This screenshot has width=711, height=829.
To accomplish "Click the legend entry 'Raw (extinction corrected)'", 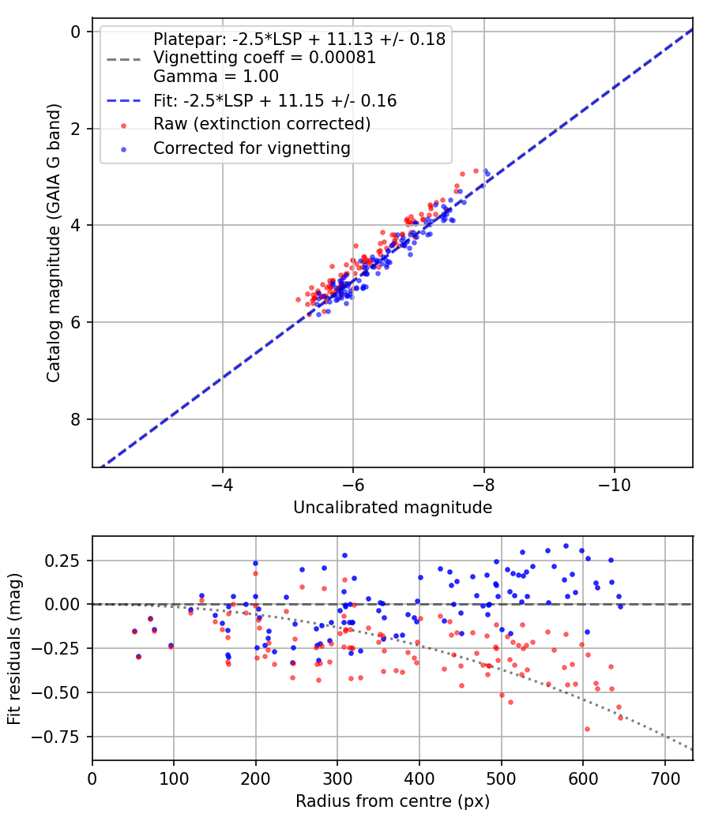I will [x=261, y=124].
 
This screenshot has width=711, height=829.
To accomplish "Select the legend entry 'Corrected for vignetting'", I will [x=252, y=148].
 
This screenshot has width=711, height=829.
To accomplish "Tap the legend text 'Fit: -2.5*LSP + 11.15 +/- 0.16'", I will [x=275, y=100].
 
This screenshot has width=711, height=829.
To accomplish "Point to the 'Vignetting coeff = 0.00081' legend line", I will [x=265, y=58].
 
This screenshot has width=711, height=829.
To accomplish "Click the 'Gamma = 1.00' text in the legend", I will [x=216, y=77].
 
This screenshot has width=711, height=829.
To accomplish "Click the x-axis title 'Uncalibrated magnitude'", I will [x=393, y=508].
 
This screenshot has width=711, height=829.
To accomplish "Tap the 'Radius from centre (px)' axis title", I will [x=393, y=801].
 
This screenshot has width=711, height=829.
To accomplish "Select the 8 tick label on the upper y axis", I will [x=76, y=419].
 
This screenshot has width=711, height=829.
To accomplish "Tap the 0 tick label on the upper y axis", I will [x=76, y=32].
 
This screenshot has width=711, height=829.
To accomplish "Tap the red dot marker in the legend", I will [x=123, y=124].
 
